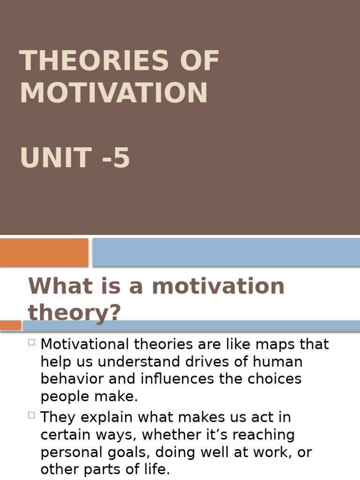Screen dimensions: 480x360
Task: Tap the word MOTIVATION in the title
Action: coord(113,93)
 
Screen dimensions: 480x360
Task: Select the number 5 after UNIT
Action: coord(121,158)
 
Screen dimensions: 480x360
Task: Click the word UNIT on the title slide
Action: coord(56,158)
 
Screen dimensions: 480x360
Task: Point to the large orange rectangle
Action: coord(44,252)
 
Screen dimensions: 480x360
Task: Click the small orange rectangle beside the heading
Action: coord(10,325)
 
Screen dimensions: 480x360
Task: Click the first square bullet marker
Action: coord(32,342)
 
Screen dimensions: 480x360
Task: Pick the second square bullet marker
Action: coord(32,414)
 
